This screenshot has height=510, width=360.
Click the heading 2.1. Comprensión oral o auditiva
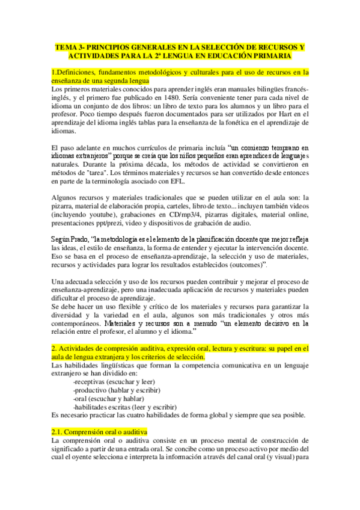(x=99, y=432)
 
